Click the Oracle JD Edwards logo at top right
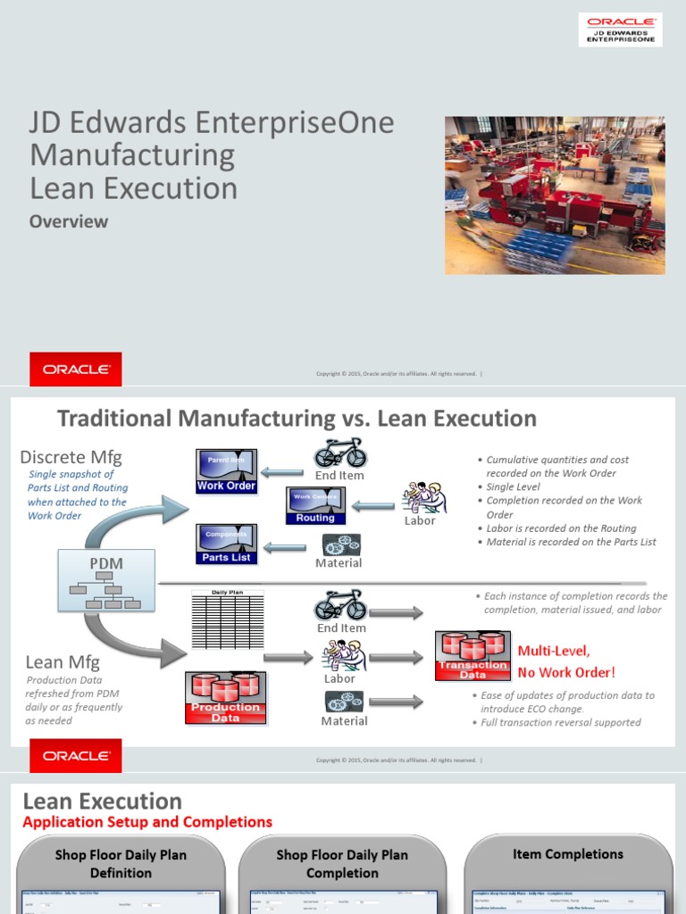click(x=621, y=29)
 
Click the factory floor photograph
click(x=555, y=195)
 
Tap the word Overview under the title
click(x=69, y=221)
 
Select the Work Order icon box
click(x=227, y=471)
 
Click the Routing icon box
click(x=315, y=506)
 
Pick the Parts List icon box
click(x=227, y=544)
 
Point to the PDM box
click(x=106, y=581)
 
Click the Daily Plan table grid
click(x=227, y=619)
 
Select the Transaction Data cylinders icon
click(x=473, y=657)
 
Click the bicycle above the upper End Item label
click(x=340, y=453)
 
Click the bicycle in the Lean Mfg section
click(x=340, y=605)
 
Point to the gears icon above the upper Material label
click(x=341, y=544)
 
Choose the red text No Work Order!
click(x=566, y=672)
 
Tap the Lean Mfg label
click(x=63, y=662)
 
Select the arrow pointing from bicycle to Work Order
click(x=282, y=472)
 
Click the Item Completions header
click(x=568, y=854)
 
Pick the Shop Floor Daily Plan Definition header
click(x=121, y=864)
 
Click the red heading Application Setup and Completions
click(x=147, y=822)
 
